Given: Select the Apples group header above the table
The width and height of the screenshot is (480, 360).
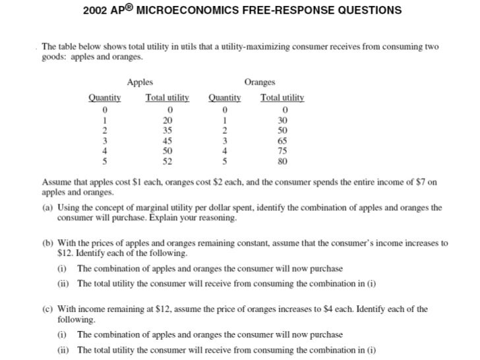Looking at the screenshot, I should tap(140, 82).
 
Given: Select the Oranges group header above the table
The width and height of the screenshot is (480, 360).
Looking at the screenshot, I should tap(260, 82).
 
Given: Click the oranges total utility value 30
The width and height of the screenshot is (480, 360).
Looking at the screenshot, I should tap(285, 121).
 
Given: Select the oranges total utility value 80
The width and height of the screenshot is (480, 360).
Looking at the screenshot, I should tap(285, 160).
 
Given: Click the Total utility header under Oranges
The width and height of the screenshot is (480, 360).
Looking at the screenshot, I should tap(282, 98).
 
